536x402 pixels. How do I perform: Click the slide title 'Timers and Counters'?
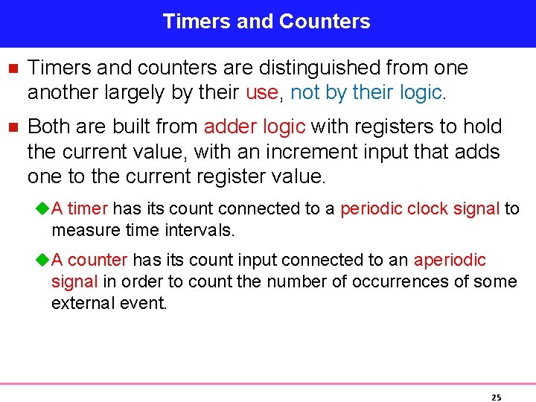[x=267, y=22]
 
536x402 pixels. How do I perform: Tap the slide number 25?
[x=497, y=398]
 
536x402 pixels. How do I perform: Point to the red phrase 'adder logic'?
[x=255, y=127]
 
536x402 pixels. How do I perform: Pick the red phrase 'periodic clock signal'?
[x=420, y=208]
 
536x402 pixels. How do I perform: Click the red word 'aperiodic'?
[x=450, y=260]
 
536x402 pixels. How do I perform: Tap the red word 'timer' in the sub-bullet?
[x=88, y=208]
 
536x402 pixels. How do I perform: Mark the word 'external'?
[x=80, y=303]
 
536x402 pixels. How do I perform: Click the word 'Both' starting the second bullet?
[x=48, y=127]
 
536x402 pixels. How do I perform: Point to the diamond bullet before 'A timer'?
[x=42, y=209]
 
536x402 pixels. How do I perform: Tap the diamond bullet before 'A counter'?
[x=42, y=261]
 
